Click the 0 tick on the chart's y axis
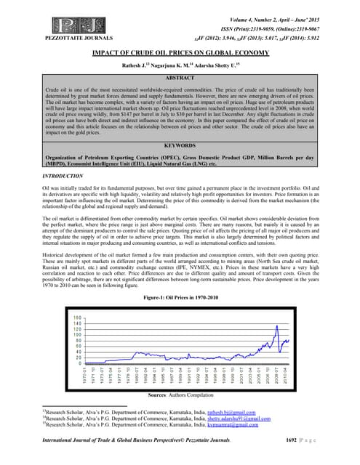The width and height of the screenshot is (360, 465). click(x=78, y=363)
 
